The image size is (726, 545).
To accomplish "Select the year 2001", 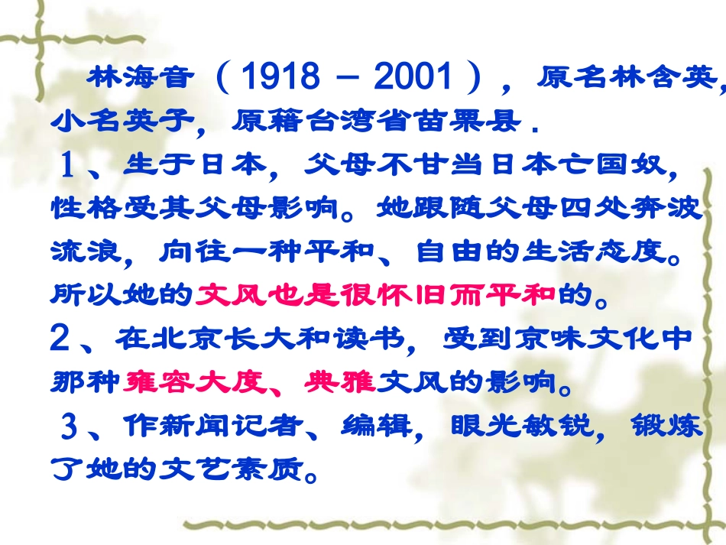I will pos(413,77).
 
